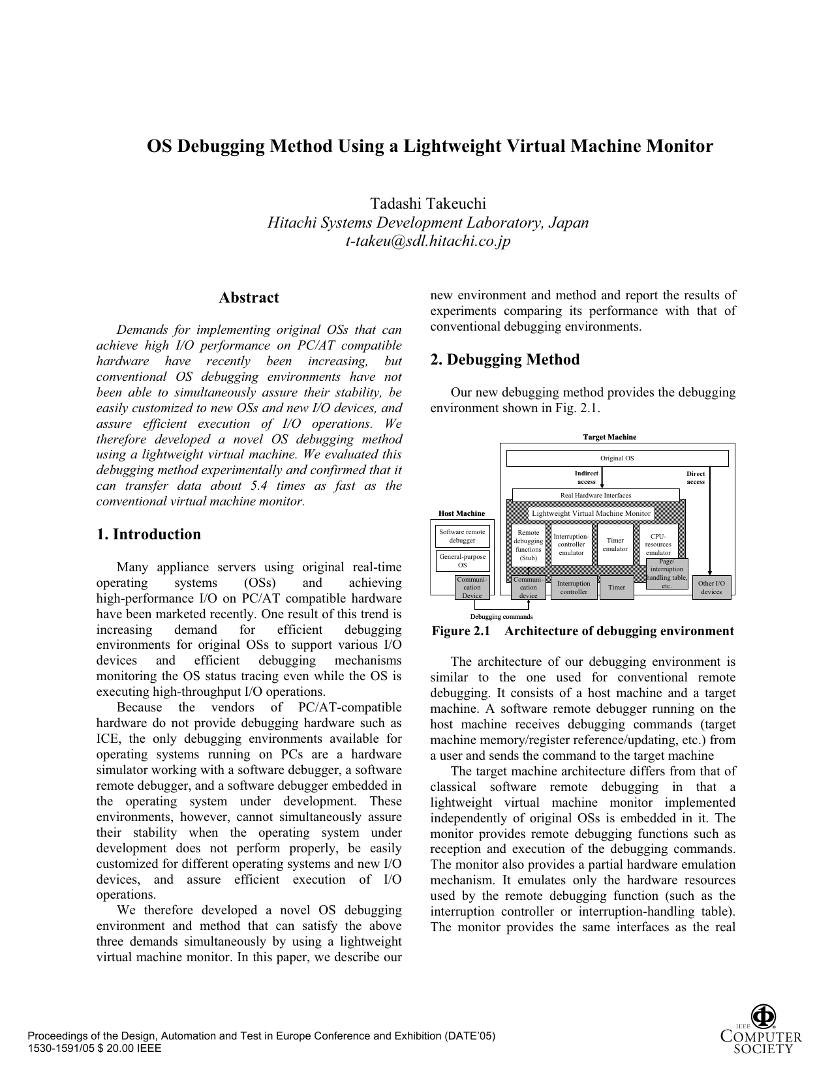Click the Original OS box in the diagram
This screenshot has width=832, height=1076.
617,458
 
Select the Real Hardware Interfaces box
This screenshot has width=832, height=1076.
596,496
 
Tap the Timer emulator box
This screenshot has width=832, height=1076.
615,545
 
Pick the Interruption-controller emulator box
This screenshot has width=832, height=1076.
572,545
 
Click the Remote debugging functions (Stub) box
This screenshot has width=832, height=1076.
528,545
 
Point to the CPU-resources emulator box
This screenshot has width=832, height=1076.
658,543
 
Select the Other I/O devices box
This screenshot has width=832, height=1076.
711,588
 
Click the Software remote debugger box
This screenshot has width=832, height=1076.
462,536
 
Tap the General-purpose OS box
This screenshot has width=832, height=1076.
462,561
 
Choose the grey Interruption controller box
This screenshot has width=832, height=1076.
574,588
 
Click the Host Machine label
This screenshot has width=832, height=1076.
461,514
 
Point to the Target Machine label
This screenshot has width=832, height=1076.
609,437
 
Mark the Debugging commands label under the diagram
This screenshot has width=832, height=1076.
501,617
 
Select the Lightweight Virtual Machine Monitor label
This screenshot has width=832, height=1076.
591,514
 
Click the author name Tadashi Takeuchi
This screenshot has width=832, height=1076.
428,203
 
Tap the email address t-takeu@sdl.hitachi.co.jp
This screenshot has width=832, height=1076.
428,241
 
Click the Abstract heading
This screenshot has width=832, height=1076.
249,298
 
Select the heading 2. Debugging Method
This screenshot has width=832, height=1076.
504,360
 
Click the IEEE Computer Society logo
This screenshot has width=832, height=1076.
760,1031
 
